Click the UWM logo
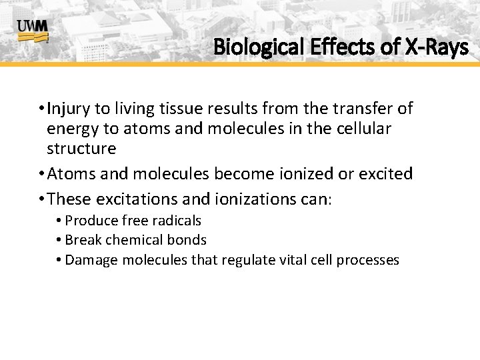click(x=32, y=31)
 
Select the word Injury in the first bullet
click(x=70, y=108)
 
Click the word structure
click(x=81, y=148)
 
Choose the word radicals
click(x=177, y=221)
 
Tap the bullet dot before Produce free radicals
click(x=59, y=221)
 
